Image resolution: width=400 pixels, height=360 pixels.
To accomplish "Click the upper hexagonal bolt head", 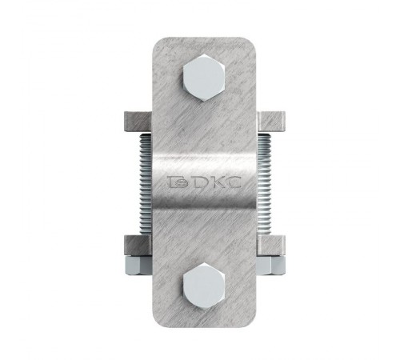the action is pyautogui.click(x=204, y=78).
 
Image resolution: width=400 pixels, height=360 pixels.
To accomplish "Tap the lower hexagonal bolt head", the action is pyautogui.click(x=204, y=286).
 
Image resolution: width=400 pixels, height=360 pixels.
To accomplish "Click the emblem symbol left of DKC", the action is pyautogui.click(x=178, y=182).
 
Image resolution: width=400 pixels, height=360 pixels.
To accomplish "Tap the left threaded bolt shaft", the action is pyautogui.click(x=146, y=184).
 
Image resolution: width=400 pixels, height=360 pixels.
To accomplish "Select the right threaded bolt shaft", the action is pyautogui.click(x=264, y=184).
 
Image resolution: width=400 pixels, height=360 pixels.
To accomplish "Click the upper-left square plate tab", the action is pyautogui.click(x=138, y=122).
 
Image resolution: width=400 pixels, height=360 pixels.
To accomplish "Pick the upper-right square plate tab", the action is pyautogui.click(x=271, y=122).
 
